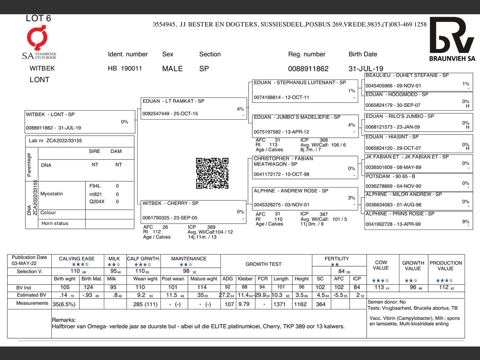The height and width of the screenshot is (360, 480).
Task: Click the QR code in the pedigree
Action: point(212,173)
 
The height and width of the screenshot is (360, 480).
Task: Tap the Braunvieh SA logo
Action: point(452,39)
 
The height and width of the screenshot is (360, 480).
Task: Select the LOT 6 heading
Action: point(38,18)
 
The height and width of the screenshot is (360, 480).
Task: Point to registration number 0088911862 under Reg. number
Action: point(308,69)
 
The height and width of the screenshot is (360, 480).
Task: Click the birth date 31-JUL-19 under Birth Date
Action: point(366,69)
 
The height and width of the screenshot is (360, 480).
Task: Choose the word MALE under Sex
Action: point(172,69)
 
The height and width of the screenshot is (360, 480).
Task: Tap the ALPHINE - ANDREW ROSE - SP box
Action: point(305,198)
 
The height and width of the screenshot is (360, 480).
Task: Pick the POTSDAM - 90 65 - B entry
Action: point(418,181)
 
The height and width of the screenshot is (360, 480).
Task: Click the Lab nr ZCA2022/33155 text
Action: point(55,141)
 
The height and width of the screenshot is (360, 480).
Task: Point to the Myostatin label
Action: point(52,194)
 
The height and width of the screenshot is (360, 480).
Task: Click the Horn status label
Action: point(55,223)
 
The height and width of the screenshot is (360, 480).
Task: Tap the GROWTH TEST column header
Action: point(263,264)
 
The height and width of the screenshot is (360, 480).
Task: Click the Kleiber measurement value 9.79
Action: point(244,304)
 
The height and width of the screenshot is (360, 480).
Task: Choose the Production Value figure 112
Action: point(444,287)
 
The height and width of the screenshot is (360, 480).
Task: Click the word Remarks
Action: point(64,320)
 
